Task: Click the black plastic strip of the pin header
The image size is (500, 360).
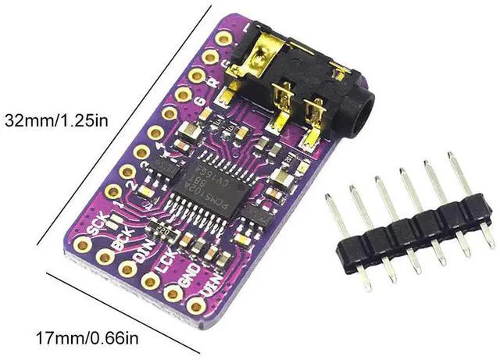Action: [x=410, y=230]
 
